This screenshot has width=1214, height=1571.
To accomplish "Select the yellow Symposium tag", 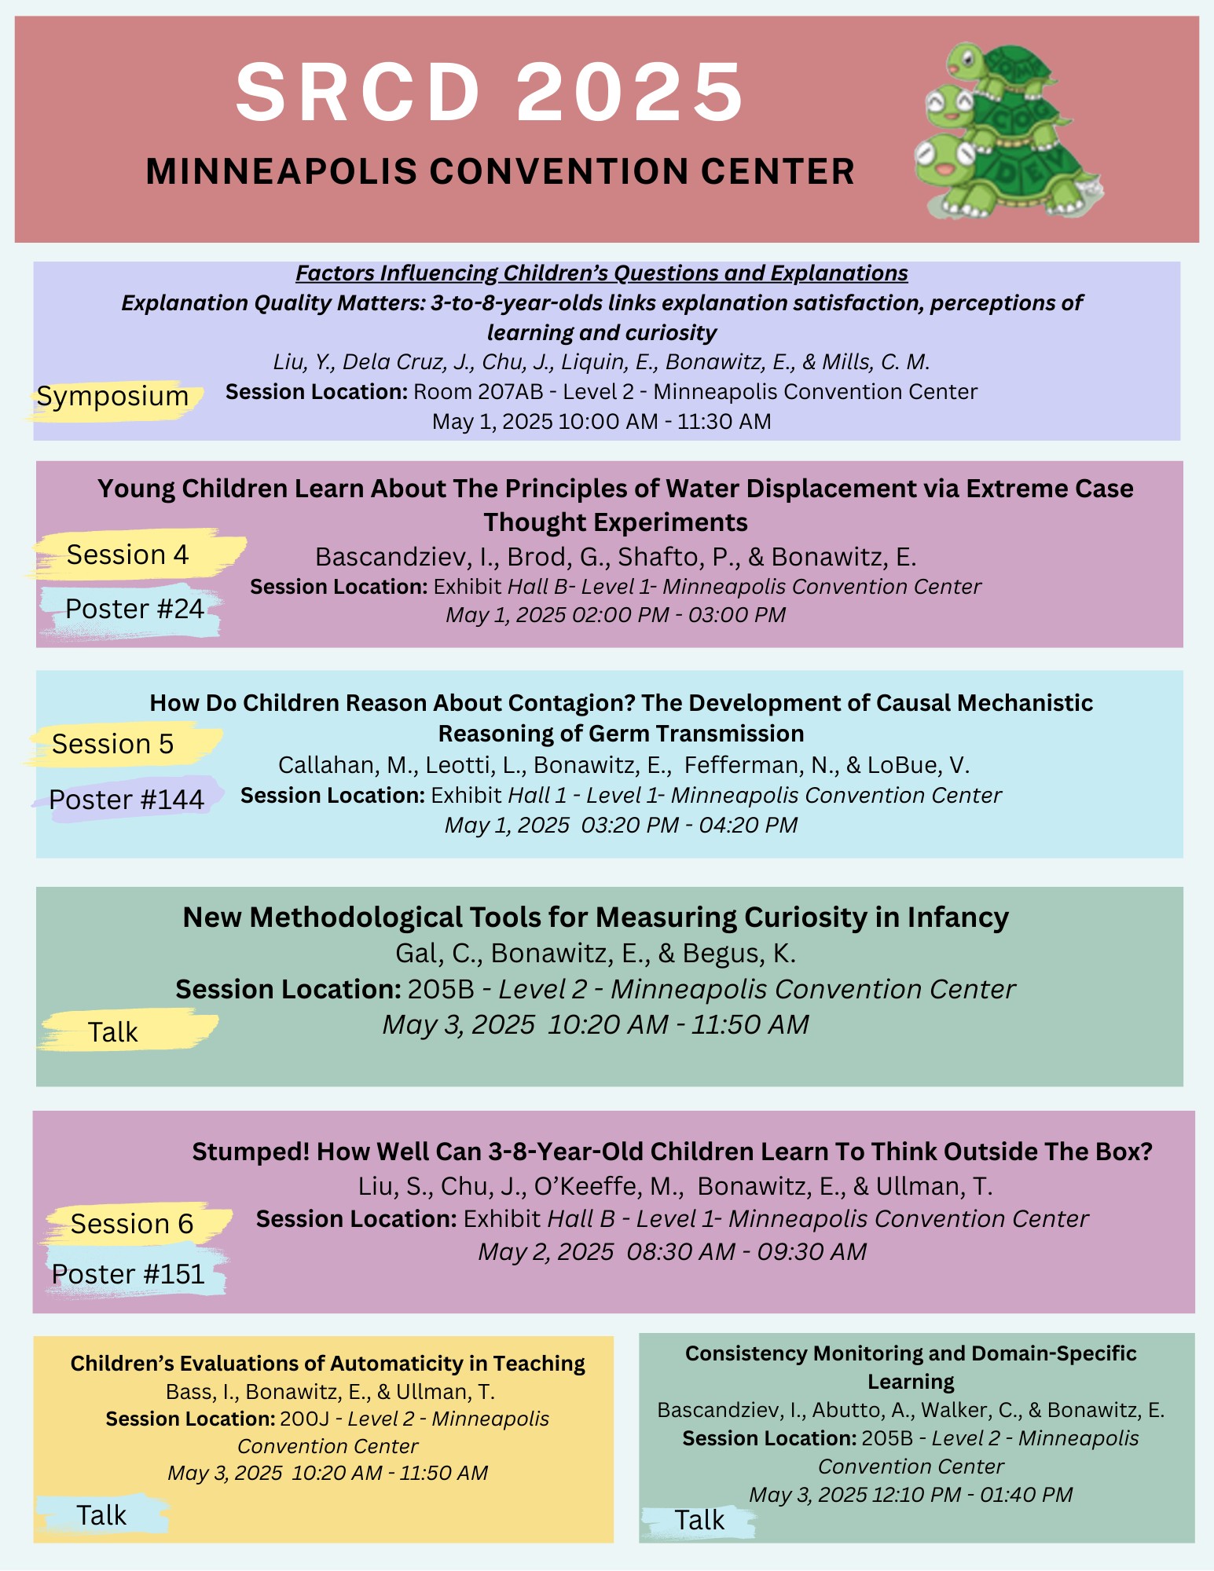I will [113, 397].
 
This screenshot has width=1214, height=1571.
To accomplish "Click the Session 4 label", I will [127, 555].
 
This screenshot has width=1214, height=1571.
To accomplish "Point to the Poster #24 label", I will [134, 609].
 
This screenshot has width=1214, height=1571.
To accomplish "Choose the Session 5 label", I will [113, 744].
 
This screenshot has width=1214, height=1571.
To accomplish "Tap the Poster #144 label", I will [127, 800].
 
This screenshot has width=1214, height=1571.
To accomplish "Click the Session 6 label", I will [132, 1224].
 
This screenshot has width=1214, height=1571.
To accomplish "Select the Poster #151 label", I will [128, 1274].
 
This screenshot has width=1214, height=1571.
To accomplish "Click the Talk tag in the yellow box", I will [101, 1515].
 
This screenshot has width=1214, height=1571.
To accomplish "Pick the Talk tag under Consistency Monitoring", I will [699, 1521].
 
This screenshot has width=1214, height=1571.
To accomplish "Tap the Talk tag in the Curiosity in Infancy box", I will [113, 1032].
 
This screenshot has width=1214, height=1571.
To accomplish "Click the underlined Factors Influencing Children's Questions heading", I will [602, 273].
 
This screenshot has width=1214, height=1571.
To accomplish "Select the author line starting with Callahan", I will [624, 765].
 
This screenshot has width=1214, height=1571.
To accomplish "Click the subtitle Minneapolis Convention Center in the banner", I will [500, 171].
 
